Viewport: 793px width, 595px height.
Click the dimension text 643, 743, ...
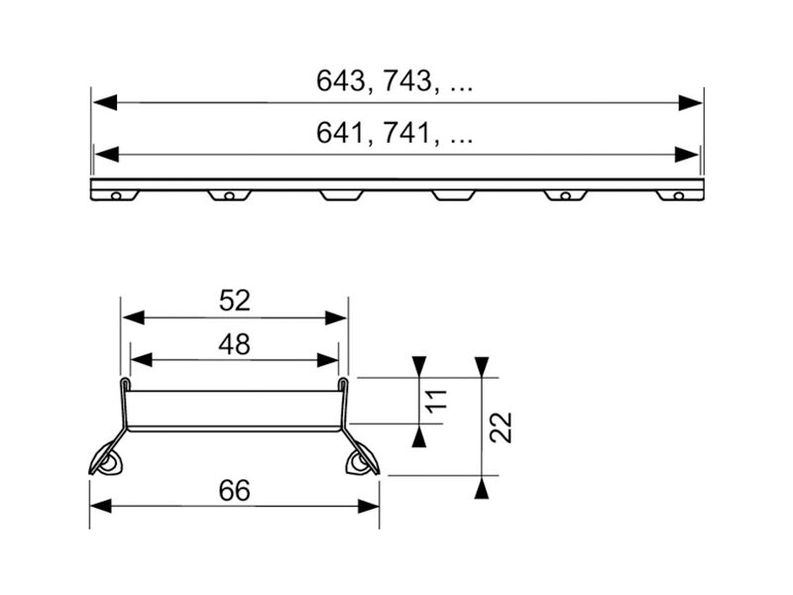pyautogui.click(x=375, y=81)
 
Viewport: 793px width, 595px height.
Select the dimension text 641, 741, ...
pyautogui.click(x=375, y=133)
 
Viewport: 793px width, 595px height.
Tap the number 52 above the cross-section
pyautogui.click(x=235, y=300)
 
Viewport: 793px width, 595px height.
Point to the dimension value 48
pyautogui.click(x=235, y=344)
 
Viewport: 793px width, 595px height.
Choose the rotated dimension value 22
pyautogui.click(x=501, y=427)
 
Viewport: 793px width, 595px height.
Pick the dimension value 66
pyautogui.click(x=235, y=491)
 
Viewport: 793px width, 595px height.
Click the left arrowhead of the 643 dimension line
pyautogui.click(x=105, y=103)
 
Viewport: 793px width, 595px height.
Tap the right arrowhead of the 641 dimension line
pyautogui.click(x=687, y=155)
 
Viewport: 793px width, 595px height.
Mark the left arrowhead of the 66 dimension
pyautogui.click(x=101, y=506)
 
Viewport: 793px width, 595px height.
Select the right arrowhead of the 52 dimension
pyautogui.click(x=336, y=318)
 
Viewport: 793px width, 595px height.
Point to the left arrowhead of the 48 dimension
pyautogui.click(x=142, y=360)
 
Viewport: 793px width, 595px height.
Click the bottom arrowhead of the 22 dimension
pyautogui.click(x=482, y=488)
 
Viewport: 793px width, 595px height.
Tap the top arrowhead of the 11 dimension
pyautogui.click(x=419, y=367)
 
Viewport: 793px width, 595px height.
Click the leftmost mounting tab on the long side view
pyautogui.click(x=115, y=195)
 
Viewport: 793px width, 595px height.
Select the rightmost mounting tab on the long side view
pyautogui.click(x=680, y=195)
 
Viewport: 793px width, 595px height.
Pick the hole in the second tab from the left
pyautogui.click(x=229, y=195)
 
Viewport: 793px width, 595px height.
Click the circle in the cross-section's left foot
pyautogui.click(x=108, y=464)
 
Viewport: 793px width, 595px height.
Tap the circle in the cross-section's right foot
pyautogui.click(x=357, y=463)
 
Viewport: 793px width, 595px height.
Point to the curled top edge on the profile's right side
pyautogui.click(x=343, y=384)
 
